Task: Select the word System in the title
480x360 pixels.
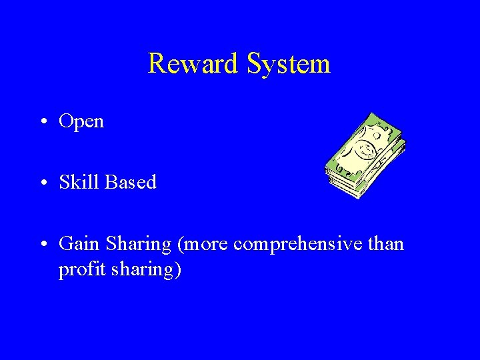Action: (x=288, y=63)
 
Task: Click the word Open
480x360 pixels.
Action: (x=81, y=122)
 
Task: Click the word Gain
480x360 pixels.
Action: (x=79, y=244)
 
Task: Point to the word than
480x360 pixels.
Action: (x=386, y=244)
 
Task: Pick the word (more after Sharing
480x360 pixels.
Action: (x=204, y=245)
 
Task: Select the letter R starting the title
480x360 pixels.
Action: (x=156, y=63)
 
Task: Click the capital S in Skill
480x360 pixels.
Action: (x=64, y=182)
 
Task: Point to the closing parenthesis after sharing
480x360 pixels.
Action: (x=178, y=271)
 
